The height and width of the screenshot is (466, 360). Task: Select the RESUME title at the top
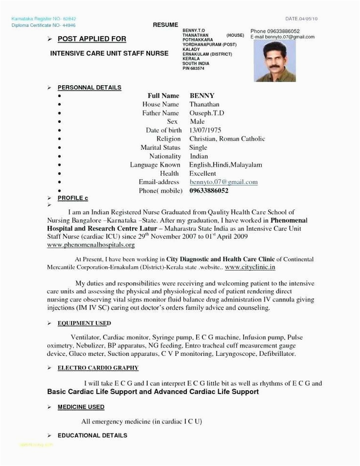tap(162, 24)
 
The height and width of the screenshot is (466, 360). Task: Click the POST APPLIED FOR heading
tap(91, 39)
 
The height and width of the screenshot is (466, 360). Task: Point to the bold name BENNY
tap(202, 95)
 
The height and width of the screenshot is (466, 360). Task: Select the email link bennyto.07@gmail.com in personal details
tap(224, 182)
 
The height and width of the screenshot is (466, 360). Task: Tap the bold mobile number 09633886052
tap(209, 190)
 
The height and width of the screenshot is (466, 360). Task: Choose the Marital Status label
tap(160, 147)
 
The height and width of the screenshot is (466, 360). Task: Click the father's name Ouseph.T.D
tap(207, 113)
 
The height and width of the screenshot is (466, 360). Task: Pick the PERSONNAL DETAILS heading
tap(90, 87)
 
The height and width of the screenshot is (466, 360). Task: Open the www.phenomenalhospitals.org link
tap(90, 244)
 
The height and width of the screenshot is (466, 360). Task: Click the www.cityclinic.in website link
tap(250, 267)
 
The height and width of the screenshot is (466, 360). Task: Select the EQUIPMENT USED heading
tap(84, 324)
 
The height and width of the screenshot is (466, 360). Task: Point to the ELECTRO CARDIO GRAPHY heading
tap(98, 368)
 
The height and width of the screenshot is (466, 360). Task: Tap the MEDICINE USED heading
tap(81, 407)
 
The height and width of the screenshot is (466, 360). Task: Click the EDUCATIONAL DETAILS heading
tap(92, 435)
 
